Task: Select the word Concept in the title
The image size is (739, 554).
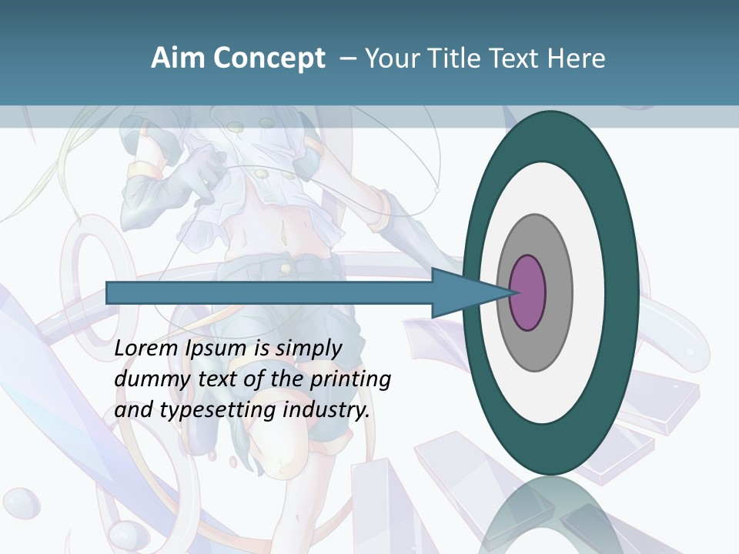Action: (270, 58)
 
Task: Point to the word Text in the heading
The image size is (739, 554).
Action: (513, 58)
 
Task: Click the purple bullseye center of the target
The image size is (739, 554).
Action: (527, 293)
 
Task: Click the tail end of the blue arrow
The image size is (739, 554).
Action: (112, 293)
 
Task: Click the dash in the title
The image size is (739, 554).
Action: (347, 58)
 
